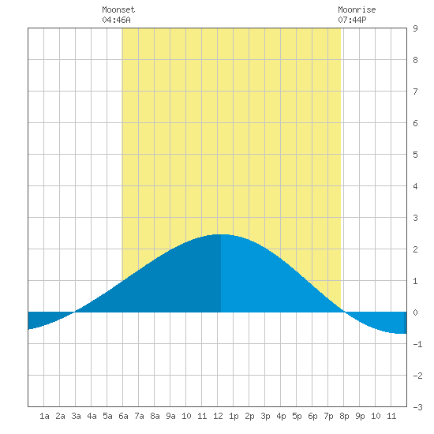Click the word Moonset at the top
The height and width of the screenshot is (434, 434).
coord(118,9)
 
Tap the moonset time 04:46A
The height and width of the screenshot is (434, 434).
coord(116,20)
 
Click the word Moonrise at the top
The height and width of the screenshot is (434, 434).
coord(357,9)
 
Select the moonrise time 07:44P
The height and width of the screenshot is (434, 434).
coord(352,20)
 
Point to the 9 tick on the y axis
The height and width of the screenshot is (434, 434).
coord(415,28)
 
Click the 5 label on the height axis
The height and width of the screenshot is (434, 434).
coord(415,155)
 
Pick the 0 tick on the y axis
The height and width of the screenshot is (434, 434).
coord(415,312)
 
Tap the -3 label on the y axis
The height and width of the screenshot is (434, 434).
coord(417,407)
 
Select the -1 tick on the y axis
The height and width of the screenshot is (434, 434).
coord(417,344)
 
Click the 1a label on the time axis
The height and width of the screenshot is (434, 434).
coord(44,416)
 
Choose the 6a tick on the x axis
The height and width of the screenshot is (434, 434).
coord(123,416)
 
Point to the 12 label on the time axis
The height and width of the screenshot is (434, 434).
coord(218,416)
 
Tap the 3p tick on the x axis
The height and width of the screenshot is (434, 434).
coord(265,416)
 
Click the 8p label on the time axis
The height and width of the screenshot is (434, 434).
coord(344,416)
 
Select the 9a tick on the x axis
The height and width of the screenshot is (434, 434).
coord(170,416)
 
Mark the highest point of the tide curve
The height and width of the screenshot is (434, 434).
coord(221,234)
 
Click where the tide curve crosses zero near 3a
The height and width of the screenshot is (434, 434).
coord(75,312)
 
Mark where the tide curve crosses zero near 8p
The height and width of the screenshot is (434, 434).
coord(344,312)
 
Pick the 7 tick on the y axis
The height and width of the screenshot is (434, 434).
coord(415,92)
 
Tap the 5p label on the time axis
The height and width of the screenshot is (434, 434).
coord(297,416)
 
